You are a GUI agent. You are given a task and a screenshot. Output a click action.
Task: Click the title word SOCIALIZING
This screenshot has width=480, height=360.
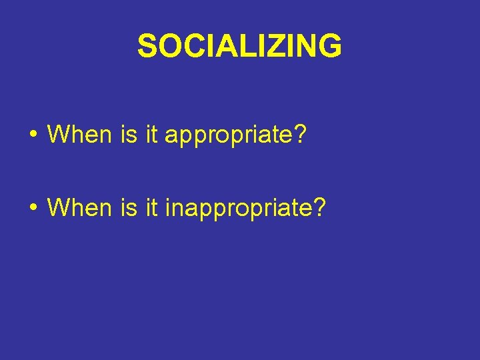point(239,46)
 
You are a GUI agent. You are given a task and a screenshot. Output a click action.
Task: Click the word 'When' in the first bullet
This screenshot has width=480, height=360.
point(79,134)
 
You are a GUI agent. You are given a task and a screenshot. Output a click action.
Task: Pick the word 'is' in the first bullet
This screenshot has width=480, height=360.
point(128,134)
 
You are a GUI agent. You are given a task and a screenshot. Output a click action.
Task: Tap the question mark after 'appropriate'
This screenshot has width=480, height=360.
point(299,134)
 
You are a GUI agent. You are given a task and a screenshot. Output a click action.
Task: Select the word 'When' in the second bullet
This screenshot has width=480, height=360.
point(79,207)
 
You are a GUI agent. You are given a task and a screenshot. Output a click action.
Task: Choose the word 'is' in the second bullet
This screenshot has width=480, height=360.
point(128,207)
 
